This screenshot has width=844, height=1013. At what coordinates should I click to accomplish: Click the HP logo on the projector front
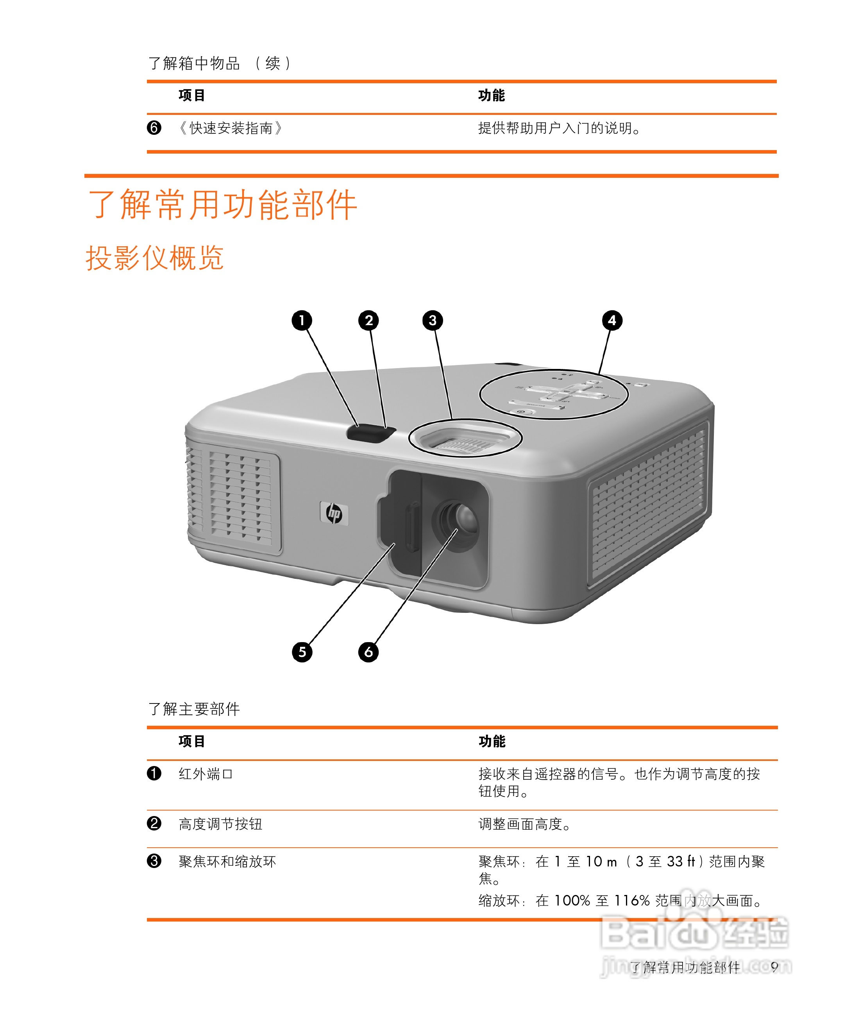tap(334, 513)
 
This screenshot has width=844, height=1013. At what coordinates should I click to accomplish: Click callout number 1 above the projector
tap(302, 320)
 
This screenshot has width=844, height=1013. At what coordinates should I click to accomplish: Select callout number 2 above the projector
tap(368, 320)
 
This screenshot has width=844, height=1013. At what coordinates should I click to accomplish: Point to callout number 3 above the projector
tap(433, 320)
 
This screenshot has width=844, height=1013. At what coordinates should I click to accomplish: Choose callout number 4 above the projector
tap(612, 320)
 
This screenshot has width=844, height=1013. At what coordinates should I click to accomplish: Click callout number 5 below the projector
tap(302, 652)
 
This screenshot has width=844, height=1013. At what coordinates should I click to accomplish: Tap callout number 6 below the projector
tap(368, 652)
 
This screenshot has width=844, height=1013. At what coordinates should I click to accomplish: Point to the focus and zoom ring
tap(465, 438)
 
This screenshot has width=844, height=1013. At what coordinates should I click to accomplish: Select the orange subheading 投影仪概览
tap(155, 258)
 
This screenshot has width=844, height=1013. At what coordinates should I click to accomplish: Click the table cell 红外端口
tap(206, 774)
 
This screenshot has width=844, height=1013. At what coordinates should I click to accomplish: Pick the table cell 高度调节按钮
tap(220, 824)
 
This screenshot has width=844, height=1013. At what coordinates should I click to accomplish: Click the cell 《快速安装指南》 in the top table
tap(231, 128)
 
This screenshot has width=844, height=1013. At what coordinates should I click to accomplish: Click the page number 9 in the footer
tap(774, 967)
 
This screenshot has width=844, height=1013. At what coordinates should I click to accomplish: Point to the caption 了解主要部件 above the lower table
tap(194, 709)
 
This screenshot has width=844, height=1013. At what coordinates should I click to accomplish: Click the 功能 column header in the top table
tap(492, 95)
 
